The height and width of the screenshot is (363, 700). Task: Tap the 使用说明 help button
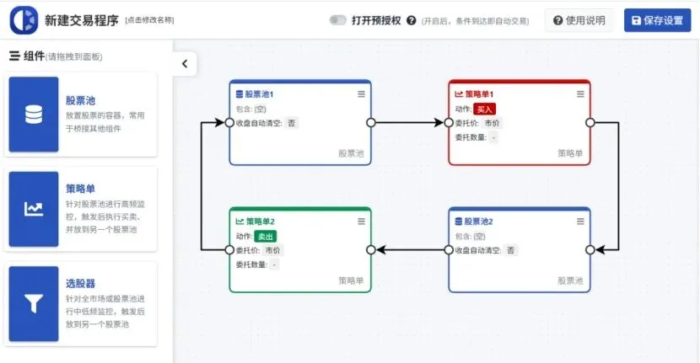[579, 20]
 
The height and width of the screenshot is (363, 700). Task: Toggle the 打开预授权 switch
[338, 20]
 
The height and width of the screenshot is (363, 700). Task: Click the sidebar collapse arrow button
[185, 63]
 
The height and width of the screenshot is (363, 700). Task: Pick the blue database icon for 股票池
[34, 115]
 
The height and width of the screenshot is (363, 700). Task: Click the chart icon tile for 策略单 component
[34, 209]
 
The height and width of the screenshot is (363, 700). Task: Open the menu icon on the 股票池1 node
[361, 93]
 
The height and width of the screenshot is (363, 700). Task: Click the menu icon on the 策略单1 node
[579, 93]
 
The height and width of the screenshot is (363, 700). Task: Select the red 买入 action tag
[485, 109]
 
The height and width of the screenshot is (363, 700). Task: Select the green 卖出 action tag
[266, 237]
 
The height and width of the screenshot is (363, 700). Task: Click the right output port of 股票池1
[371, 123]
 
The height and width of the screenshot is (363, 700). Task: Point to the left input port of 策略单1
[449, 123]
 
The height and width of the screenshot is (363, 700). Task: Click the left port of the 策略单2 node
[229, 250]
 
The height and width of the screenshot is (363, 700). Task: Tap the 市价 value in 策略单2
[273, 250]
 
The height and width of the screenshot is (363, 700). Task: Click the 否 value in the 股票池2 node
[511, 250]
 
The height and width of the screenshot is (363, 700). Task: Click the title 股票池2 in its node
[478, 222]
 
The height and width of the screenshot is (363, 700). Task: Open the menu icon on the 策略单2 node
[361, 222]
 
